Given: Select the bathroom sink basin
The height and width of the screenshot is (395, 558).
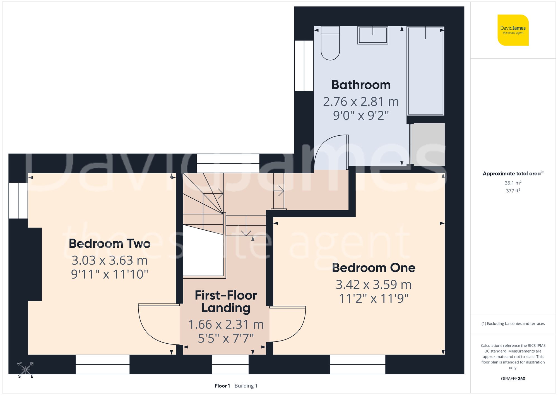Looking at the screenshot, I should coord(373,35).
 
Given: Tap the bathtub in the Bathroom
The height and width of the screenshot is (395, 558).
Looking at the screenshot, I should coord(425,71).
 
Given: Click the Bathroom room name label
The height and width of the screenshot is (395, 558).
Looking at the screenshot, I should coord(361,85).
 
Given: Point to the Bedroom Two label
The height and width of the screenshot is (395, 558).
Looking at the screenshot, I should coord(110,243).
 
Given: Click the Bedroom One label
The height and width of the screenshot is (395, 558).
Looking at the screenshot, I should coord(374,268).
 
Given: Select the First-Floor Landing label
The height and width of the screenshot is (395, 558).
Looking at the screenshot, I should coord(226,301).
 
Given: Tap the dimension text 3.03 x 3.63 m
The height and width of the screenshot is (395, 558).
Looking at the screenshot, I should coord(110,260).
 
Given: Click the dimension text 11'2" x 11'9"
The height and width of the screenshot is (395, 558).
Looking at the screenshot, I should coord(374,298).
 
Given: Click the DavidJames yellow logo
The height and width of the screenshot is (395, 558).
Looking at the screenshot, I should coord(513,30).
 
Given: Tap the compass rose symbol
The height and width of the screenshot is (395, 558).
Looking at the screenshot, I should coord(25,370).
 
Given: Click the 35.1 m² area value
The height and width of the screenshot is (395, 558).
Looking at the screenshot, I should coord(513,183).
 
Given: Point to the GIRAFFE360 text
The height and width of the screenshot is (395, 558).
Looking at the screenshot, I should coord(513,379).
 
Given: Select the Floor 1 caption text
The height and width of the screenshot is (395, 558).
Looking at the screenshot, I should coord(222,386).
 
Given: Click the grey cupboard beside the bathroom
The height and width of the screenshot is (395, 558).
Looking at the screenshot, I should coord(428,144).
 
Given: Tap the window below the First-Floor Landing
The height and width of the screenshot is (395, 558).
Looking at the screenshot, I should coord(230,364).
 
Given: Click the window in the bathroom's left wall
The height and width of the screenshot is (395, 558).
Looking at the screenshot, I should coord(304,66).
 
